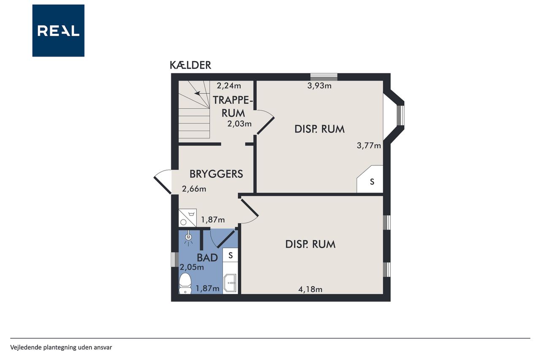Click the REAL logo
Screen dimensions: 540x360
[58, 31]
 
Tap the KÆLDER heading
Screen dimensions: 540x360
[190, 65]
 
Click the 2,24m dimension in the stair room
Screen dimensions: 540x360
[229, 86]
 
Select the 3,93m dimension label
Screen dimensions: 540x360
[319, 86]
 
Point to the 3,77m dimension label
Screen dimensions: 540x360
[369, 146]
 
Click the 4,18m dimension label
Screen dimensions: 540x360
[310, 289]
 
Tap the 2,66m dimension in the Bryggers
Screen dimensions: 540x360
[194, 189]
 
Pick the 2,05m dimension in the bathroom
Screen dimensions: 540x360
[192, 267]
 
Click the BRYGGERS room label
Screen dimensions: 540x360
[216, 174]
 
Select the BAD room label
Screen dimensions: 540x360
[207, 258]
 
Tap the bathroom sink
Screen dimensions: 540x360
[230, 283]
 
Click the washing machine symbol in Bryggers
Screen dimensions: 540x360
[188, 218]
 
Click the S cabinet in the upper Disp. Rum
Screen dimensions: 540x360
[370, 179]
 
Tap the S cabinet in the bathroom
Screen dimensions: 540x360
[230, 255]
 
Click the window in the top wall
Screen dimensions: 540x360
[324, 77]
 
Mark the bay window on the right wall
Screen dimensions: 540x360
[401, 115]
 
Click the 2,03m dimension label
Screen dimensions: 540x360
[239, 124]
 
